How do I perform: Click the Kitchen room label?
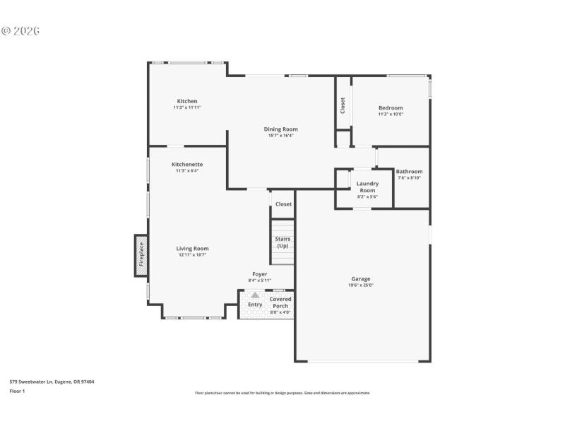click(187, 101)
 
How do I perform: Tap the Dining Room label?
click(280, 129)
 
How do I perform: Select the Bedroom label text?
click(391, 108)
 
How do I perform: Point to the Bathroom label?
click(409, 172)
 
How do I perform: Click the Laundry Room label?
click(367, 187)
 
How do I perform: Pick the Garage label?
click(360, 278)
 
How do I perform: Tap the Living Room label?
click(192, 249)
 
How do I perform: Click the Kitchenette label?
click(187, 165)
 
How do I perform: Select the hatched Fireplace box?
click(141, 255)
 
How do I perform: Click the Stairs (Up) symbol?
click(282, 242)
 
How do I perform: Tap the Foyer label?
click(260, 274)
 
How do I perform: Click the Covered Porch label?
click(280, 302)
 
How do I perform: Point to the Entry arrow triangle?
click(255, 295)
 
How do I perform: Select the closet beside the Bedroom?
click(343, 105)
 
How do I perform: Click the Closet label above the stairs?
click(283, 204)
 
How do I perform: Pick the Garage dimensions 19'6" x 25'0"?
click(360, 285)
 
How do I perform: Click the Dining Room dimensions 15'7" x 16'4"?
click(280, 136)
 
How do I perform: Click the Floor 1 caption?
click(17, 391)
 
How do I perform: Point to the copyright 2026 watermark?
click(20, 31)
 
